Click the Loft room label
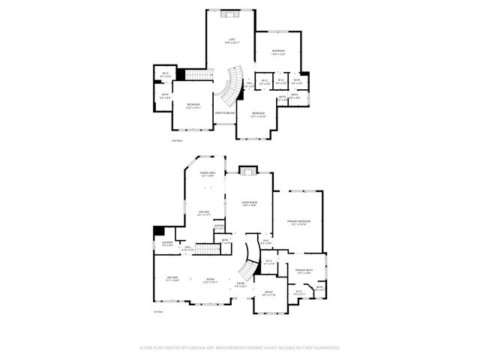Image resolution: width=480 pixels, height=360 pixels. coord(231,41)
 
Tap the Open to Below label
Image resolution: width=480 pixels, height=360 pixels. coord(225,112)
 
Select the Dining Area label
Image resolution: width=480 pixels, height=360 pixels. coord(208,174)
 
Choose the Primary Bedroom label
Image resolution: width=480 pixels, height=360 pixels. coord(299,222)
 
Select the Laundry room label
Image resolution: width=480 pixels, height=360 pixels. coord(167,243)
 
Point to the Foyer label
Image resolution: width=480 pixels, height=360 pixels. coord(241,285)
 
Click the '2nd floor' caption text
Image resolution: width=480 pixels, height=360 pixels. coord(177,139)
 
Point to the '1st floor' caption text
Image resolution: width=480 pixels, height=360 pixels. coord(158,311)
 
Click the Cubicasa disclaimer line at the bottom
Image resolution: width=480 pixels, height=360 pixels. coord(240,348)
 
